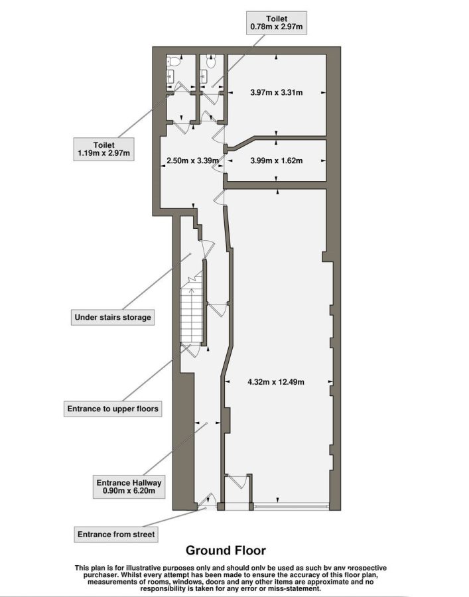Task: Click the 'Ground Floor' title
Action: click(226, 550)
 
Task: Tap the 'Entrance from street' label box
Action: click(116, 534)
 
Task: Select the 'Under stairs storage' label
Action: click(113, 317)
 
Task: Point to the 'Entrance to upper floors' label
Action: click(113, 409)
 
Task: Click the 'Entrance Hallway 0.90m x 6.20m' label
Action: click(129, 487)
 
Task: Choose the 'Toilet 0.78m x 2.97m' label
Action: click(277, 23)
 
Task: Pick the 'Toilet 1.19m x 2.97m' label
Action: click(104, 149)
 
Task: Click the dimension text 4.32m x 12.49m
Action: click(276, 382)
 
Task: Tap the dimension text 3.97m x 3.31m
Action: click(277, 92)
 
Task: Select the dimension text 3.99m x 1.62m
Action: click(277, 161)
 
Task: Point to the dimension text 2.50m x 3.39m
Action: click(193, 161)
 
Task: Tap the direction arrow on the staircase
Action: click(191, 294)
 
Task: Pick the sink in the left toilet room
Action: click(170, 76)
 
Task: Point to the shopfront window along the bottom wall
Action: click(291, 506)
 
